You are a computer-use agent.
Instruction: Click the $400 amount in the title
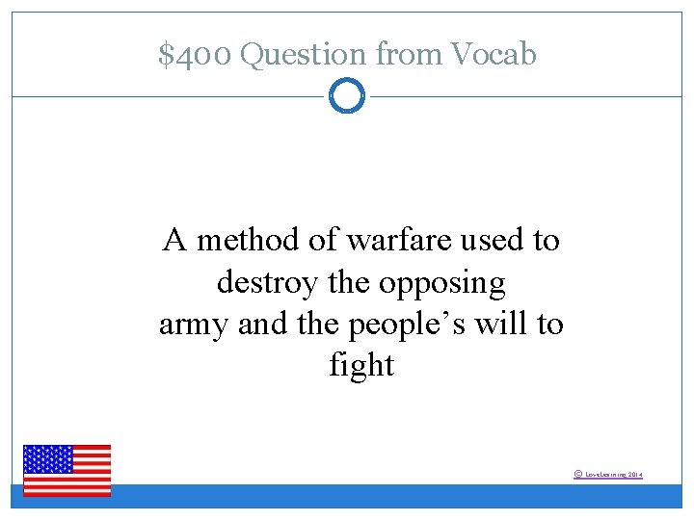[195, 55]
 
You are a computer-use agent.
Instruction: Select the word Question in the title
[304, 56]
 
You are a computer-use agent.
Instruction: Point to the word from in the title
[411, 56]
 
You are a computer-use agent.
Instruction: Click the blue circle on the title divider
[347, 96]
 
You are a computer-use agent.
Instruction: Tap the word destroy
[266, 282]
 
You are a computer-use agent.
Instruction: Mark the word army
[194, 325]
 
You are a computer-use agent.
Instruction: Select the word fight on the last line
[361, 366]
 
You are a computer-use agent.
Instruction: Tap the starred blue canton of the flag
[48, 459]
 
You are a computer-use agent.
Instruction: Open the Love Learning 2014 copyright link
[613, 475]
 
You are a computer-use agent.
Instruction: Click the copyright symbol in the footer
[577, 474]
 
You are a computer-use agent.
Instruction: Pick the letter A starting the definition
[174, 239]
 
